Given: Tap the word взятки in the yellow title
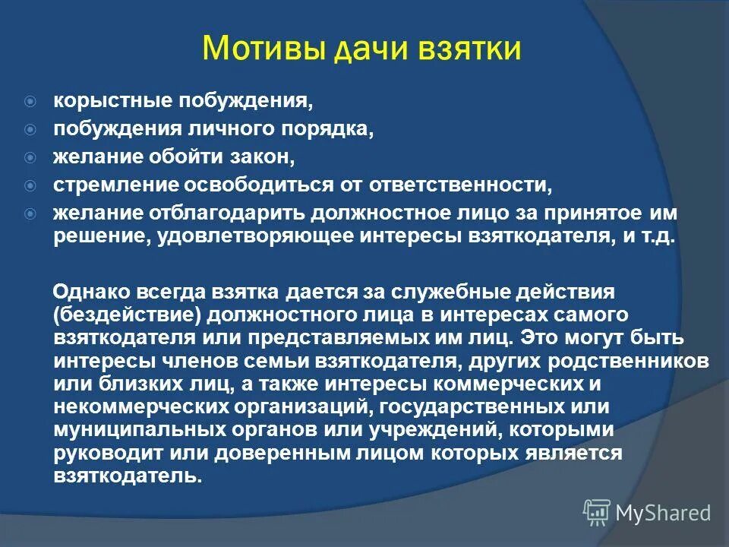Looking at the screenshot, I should (471, 49).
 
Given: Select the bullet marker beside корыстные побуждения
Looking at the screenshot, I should (30, 100).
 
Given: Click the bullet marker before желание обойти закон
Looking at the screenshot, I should (30, 158).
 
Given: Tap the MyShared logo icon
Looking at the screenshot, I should (596, 513).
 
